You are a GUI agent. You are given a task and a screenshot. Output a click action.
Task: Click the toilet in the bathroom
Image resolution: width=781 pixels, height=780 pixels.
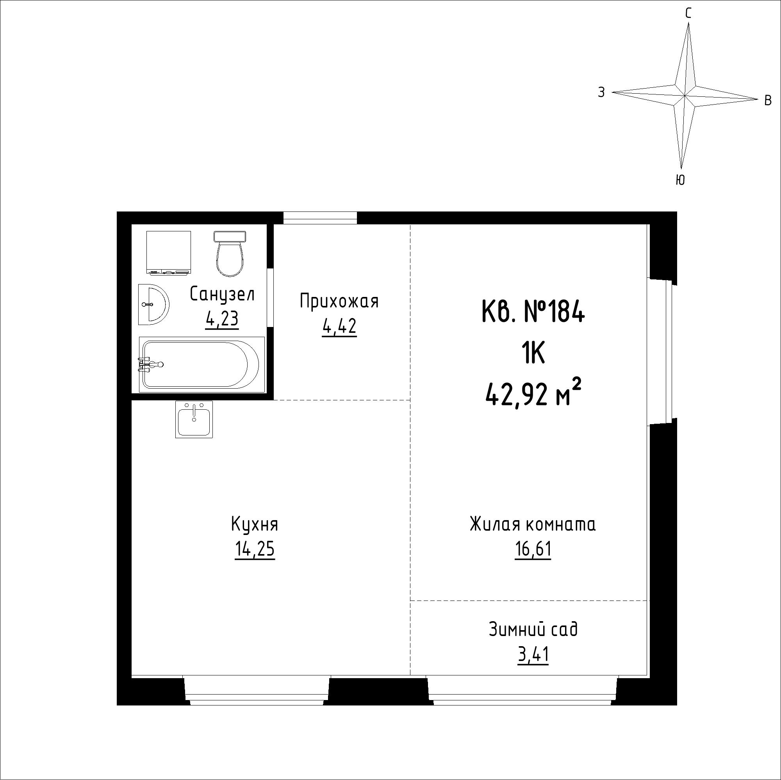(x=230, y=254)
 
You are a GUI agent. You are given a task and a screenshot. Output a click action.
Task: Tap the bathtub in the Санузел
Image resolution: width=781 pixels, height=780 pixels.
(x=202, y=364)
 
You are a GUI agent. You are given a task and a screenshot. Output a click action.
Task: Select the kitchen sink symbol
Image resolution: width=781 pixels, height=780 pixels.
(x=194, y=419)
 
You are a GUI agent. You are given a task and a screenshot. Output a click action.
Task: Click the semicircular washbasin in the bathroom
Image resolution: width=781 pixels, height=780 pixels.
(x=153, y=304)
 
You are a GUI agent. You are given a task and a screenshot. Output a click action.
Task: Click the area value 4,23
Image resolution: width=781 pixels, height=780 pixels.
(x=222, y=320)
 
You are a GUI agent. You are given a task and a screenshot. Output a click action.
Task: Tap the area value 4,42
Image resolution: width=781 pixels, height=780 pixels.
(x=339, y=326)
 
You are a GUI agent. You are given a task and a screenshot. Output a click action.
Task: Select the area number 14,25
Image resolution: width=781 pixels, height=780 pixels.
(x=255, y=549)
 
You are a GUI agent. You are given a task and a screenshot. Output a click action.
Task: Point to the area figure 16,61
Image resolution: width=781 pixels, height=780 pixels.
(x=533, y=549)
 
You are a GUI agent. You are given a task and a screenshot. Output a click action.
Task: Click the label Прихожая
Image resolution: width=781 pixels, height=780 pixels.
(x=340, y=302)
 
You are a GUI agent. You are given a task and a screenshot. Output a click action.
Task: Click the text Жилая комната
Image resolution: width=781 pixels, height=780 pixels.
(x=533, y=525)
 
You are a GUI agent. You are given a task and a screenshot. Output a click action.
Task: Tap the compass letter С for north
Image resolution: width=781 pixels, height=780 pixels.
(x=688, y=14)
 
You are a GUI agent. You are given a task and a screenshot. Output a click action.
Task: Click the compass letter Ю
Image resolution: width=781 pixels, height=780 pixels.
(x=680, y=180)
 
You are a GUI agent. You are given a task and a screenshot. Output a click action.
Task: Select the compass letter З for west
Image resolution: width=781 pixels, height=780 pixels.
(x=601, y=92)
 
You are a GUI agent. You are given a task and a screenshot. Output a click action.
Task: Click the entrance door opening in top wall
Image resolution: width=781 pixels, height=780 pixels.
(x=320, y=218)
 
